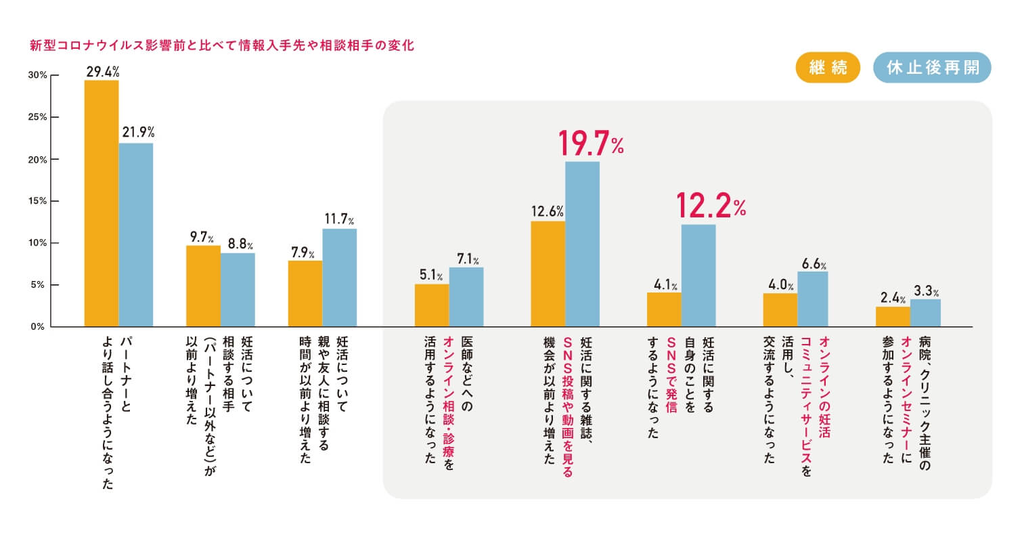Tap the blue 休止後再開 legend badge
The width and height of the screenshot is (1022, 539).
[931, 69]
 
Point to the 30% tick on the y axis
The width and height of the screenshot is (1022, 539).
[38, 75]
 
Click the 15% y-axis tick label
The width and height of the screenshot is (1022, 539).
[38, 201]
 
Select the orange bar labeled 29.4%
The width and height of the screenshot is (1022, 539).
[102, 203]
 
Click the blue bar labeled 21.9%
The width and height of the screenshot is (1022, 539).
[136, 235]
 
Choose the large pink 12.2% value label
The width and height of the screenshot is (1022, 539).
[710, 207]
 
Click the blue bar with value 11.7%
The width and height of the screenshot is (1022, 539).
[339, 278]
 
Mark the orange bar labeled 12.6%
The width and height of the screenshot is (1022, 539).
[548, 274]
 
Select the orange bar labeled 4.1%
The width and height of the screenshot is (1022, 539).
[664, 309]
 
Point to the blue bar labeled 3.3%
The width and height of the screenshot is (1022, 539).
[925, 313]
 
